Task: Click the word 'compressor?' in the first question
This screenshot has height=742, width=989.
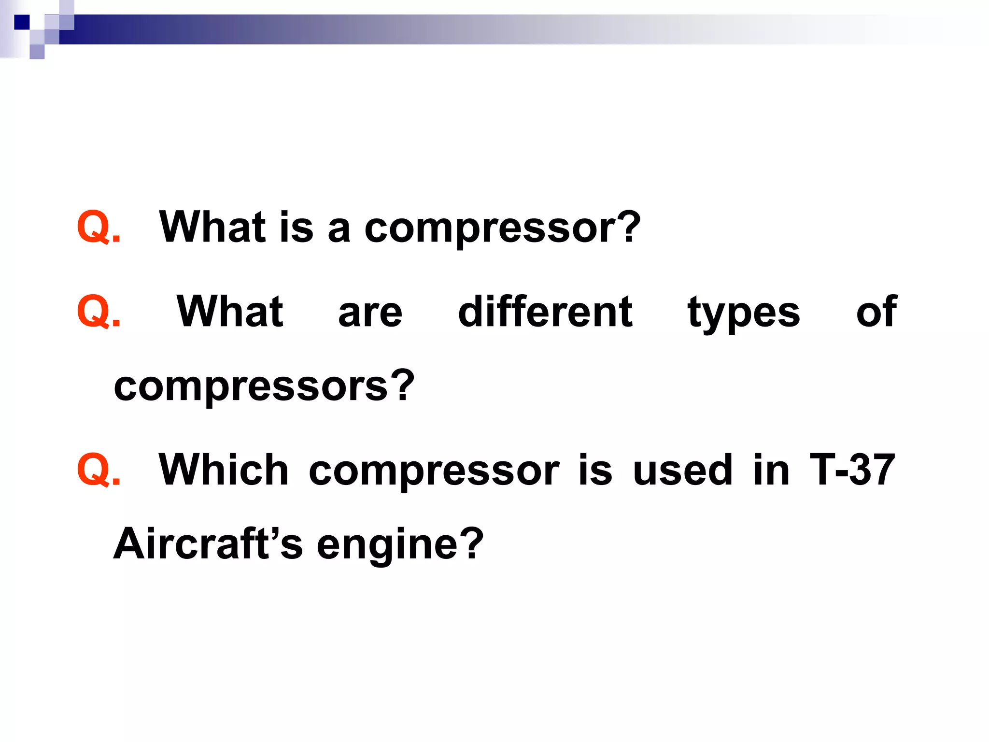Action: tap(502, 228)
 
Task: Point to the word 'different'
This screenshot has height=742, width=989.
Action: tap(545, 313)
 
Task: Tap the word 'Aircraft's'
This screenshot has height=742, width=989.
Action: tap(208, 544)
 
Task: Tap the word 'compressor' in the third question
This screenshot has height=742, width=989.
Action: tap(434, 471)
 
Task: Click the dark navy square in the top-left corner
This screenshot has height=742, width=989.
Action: tap(22, 22)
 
